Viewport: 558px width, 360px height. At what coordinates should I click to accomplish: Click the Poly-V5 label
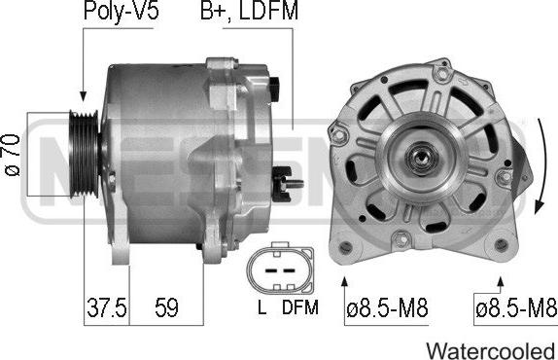121,11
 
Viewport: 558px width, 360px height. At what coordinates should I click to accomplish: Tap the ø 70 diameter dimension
13,155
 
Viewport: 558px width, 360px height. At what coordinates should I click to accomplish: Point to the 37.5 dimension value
106,307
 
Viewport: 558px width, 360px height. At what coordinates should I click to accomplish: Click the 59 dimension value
166,307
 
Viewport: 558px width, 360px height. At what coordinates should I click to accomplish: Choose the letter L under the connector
262,307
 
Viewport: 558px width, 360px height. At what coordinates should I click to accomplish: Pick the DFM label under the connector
300,307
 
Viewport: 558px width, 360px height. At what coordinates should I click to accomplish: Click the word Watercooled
491,350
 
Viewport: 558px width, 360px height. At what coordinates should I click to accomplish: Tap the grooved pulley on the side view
84,154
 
